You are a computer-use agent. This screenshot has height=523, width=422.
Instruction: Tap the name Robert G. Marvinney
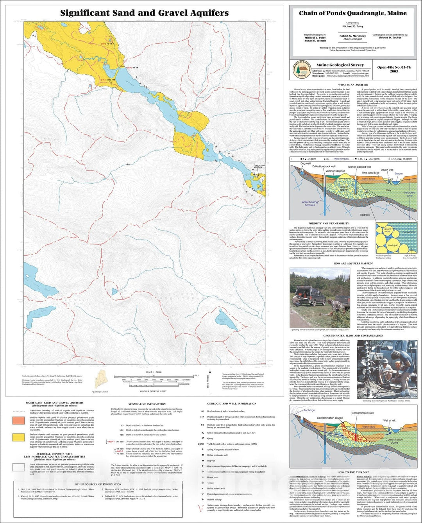tap(352, 36)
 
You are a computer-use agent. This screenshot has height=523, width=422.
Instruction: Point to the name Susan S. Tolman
tap(315, 41)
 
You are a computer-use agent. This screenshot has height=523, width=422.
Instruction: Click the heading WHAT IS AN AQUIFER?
tap(353, 85)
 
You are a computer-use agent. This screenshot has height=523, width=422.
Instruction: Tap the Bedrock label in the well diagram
tap(365, 215)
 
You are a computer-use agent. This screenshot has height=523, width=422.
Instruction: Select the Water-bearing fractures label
tap(309, 204)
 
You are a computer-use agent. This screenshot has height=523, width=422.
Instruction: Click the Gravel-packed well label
tap(359, 167)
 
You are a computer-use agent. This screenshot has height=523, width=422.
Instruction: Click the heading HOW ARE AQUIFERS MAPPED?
tap(353, 263)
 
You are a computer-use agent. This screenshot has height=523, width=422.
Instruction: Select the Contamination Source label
tap(330, 418)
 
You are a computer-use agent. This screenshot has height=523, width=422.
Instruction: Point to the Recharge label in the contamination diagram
tap(309, 410)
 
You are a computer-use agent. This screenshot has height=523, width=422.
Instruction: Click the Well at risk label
tap(389, 421)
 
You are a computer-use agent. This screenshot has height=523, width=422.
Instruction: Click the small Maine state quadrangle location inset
tap(100, 380)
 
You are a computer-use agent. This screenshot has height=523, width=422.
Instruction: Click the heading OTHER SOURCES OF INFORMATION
tap(93, 484)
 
